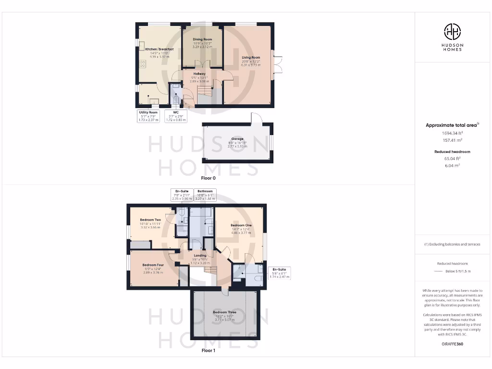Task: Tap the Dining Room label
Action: (x=202, y=39)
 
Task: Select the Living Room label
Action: (x=251, y=58)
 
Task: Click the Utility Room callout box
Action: (x=148, y=116)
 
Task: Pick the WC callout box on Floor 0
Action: (x=174, y=116)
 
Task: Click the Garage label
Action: (x=237, y=139)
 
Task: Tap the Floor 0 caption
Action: (x=209, y=178)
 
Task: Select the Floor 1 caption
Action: (x=209, y=351)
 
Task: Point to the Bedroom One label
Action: (x=241, y=225)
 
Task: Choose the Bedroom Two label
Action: (x=150, y=220)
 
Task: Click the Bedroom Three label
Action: (x=225, y=312)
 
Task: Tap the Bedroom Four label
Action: (x=153, y=265)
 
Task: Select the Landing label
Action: (x=200, y=256)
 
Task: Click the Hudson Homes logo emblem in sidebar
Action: (x=452, y=32)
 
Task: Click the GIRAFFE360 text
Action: (x=452, y=344)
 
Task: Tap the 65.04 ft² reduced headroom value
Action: (x=452, y=158)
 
